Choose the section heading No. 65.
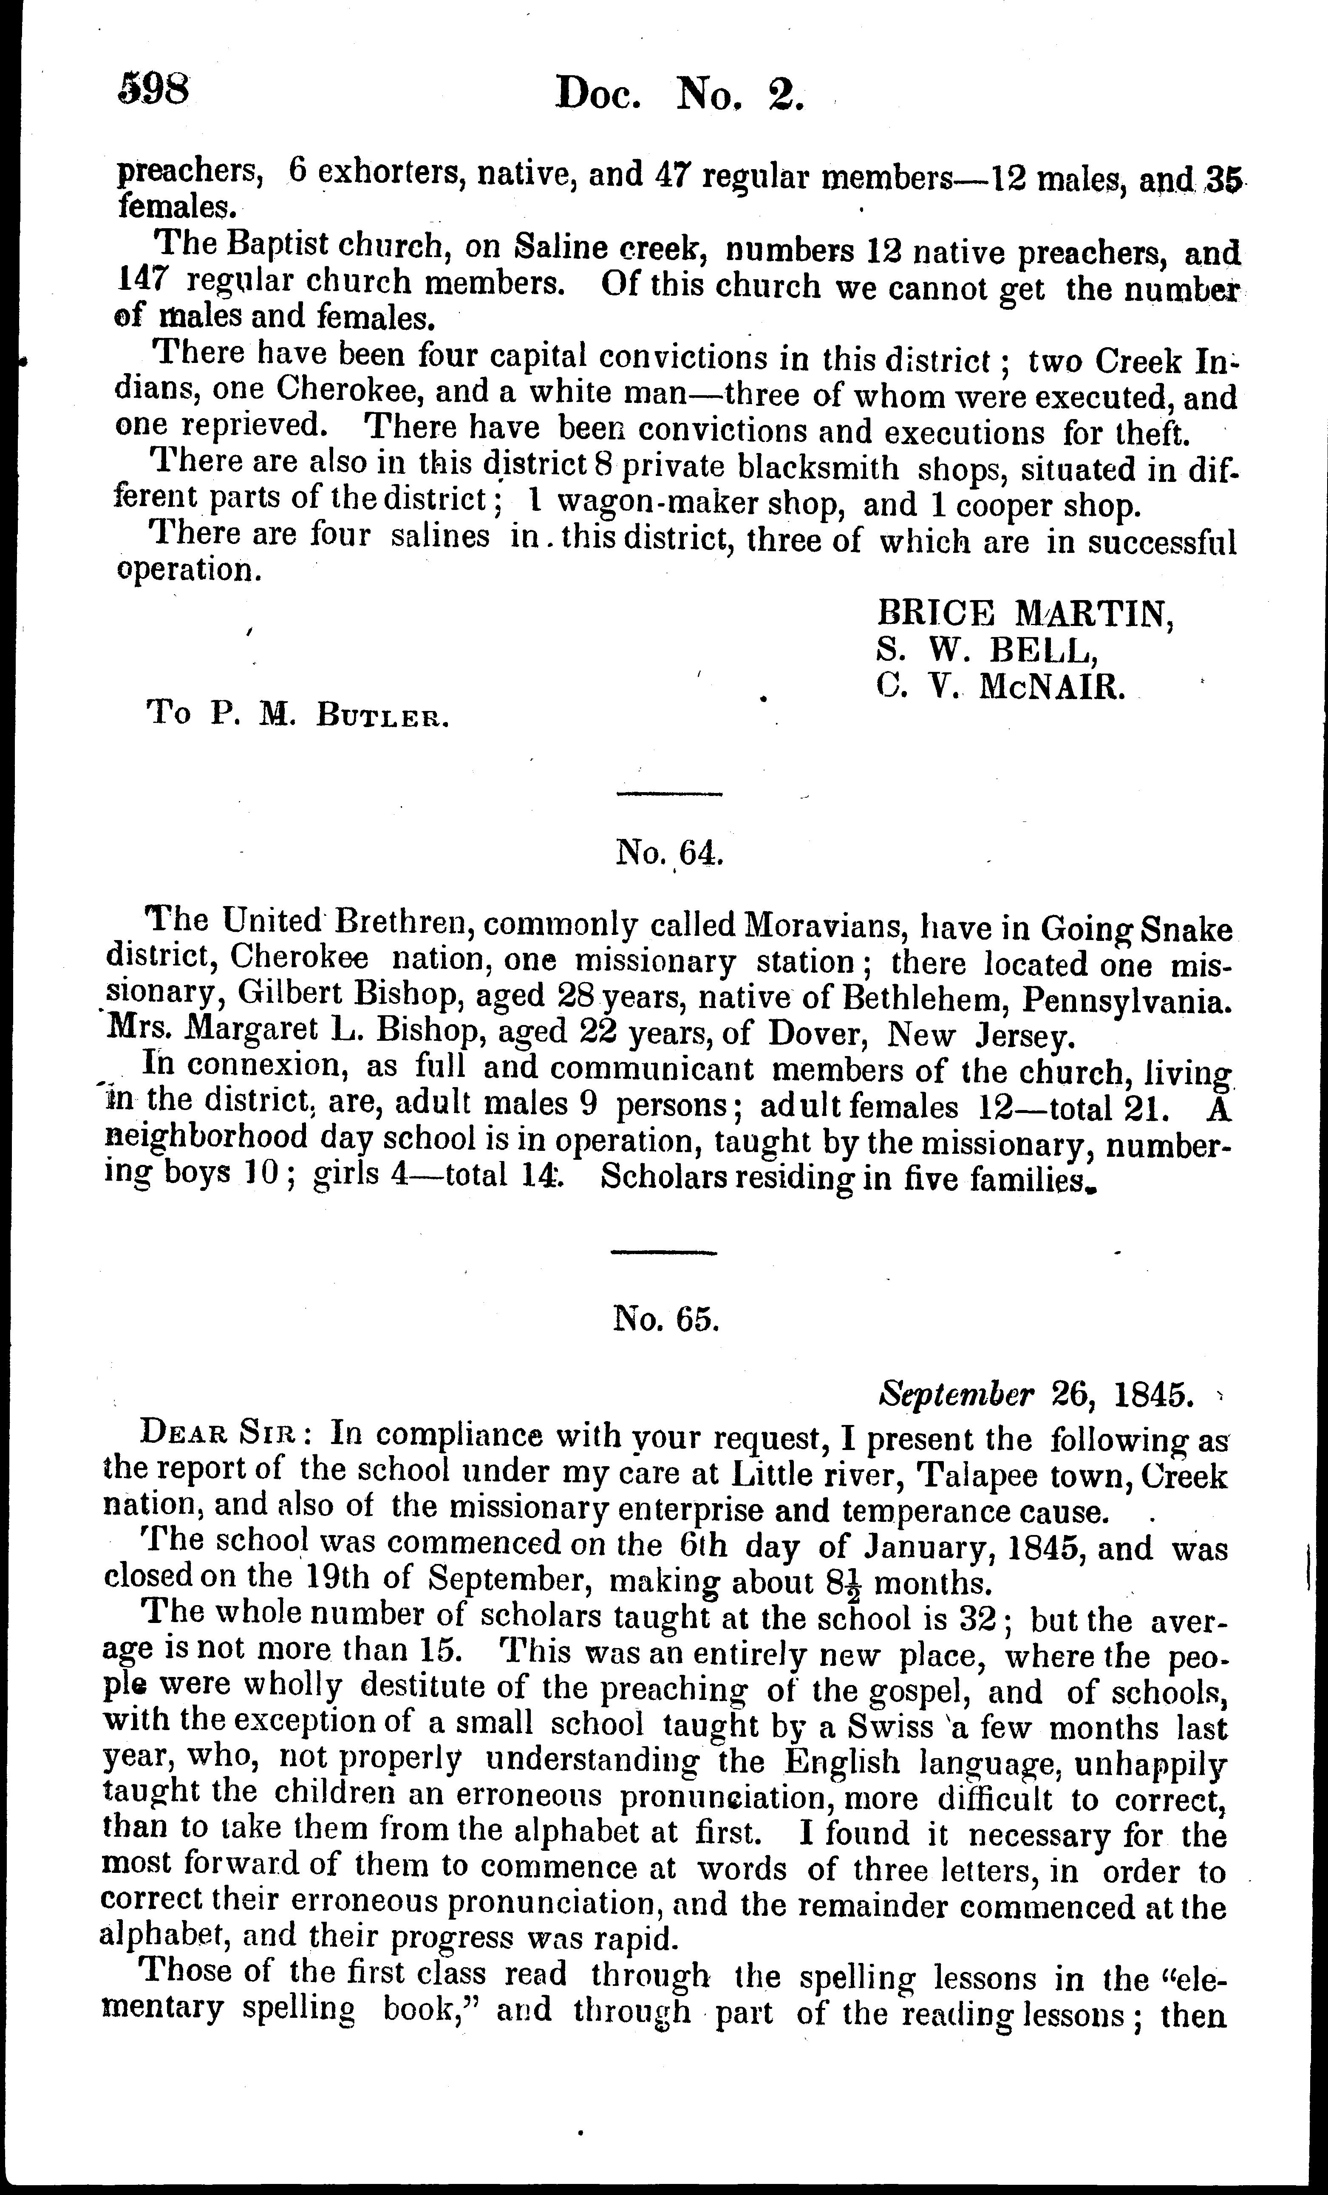665,1318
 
